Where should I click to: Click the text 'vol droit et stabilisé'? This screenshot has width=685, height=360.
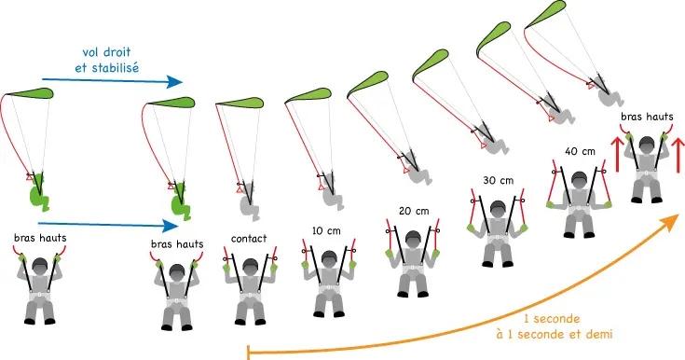[107, 60]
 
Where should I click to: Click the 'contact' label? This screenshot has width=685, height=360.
[249, 239]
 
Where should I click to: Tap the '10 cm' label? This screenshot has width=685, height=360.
[326, 230]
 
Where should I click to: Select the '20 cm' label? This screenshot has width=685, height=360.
[414, 211]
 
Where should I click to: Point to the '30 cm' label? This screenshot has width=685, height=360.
[499, 180]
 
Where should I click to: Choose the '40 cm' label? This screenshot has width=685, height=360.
[580, 151]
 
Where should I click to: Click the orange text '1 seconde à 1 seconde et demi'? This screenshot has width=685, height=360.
[555, 326]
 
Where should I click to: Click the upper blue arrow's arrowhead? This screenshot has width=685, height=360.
[175, 81]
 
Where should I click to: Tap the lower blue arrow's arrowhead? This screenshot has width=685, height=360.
[171, 226]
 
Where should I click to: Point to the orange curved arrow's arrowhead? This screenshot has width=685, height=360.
[671, 221]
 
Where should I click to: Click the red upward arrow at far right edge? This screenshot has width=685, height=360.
[678, 155]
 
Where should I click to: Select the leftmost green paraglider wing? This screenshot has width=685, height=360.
[30, 92]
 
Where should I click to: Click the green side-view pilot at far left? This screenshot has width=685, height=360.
[39, 192]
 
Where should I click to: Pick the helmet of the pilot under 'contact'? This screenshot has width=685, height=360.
[250, 266]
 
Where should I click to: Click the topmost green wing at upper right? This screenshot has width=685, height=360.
[545, 14]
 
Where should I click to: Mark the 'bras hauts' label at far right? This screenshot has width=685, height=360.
[647, 117]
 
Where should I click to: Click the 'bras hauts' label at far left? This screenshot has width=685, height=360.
[40, 238]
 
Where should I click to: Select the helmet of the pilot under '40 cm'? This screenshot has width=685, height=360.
[580, 179]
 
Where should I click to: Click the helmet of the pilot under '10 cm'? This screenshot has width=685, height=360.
[329, 258]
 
